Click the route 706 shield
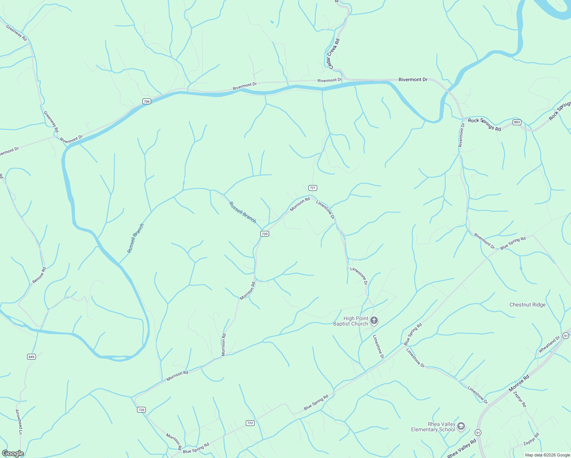point(147,101)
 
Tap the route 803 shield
point(517,122)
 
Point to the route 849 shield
point(31,357)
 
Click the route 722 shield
point(250,423)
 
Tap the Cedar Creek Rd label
point(332,53)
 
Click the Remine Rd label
point(39,275)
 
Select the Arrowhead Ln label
point(18,422)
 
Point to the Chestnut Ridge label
point(527,305)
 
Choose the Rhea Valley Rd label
point(461,448)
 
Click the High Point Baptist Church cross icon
point(374,321)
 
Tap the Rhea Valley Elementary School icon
point(461,426)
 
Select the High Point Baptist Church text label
point(350,321)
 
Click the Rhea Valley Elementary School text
point(433,427)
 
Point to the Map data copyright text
point(547,455)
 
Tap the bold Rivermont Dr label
point(413,79)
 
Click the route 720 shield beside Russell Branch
point(265,234)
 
